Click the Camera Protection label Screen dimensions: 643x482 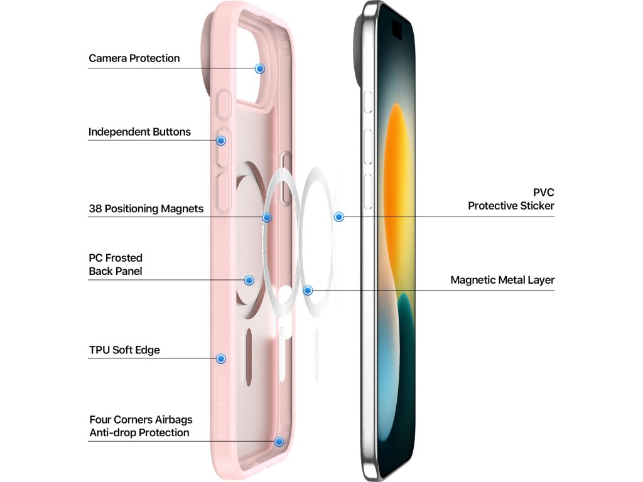134,58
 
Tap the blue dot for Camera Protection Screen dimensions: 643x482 259,68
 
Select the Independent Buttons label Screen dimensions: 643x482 139,132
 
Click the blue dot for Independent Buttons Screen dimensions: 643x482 222,140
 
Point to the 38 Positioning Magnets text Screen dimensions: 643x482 146,209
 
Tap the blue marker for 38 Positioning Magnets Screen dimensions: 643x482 267,217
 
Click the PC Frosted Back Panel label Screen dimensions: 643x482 116,264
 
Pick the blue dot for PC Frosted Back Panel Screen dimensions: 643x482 249,280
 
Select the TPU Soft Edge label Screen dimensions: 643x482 124,350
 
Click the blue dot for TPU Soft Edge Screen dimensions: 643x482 221,358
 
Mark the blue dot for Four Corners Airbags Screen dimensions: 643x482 279,441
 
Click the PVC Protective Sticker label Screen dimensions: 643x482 511,199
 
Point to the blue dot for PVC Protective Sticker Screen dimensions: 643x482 339,217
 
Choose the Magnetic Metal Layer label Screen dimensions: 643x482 502,280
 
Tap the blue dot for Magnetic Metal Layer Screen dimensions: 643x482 308,291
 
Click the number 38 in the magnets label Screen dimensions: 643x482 95,209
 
